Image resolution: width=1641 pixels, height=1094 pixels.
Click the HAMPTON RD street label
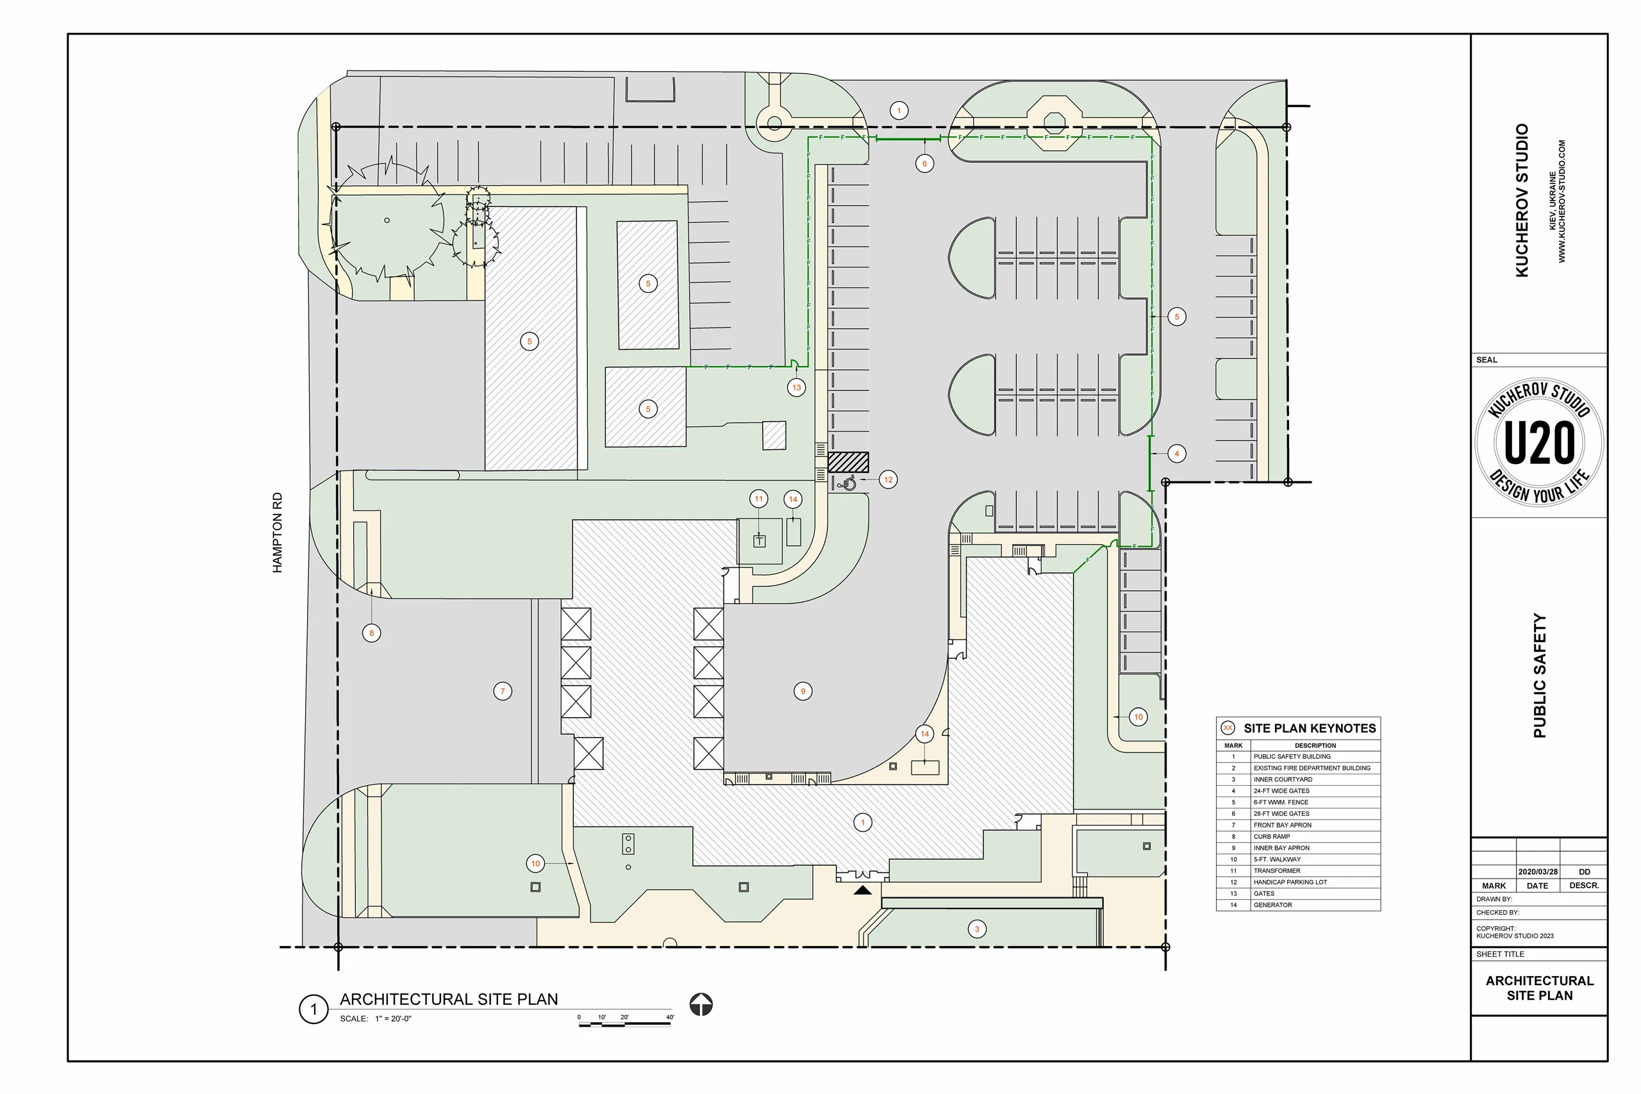278,533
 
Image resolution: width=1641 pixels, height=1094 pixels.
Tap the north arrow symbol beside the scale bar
701,1005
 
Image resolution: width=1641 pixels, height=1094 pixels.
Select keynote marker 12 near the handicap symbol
888,479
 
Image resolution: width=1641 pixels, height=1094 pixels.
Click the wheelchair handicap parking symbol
847,482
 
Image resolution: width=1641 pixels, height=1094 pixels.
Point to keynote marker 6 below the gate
924,164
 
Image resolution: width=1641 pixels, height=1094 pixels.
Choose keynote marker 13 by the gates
797,387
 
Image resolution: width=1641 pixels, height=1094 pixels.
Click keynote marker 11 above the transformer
758,499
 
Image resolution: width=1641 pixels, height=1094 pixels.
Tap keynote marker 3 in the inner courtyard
977,929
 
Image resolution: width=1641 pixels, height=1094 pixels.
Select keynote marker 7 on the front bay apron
503,692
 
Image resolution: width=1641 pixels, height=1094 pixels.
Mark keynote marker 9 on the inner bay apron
803,692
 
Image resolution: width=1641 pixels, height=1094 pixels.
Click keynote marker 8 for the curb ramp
371,633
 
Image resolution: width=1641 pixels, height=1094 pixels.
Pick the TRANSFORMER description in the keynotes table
1277,871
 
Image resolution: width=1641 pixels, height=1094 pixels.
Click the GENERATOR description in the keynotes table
1272,905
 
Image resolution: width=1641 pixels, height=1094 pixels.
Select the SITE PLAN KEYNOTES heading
1309,729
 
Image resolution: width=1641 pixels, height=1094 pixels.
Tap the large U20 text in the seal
1539,442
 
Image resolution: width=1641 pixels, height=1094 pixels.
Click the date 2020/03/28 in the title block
1538,872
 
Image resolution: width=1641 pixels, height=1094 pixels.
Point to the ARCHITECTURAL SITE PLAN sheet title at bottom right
1539,988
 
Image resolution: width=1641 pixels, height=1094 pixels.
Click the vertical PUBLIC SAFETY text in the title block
1539,675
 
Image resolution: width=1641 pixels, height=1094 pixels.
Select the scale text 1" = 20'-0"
393,1018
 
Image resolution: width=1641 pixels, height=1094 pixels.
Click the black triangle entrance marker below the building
862,890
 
